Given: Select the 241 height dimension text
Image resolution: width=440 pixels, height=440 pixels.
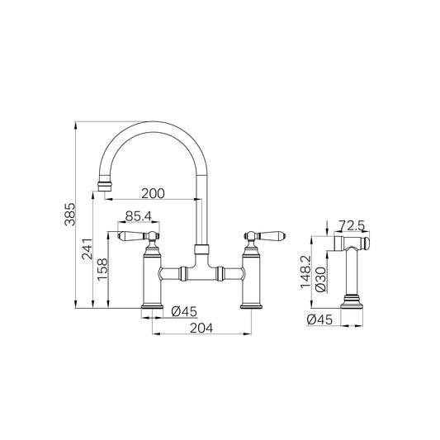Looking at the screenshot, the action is pyautogui.click(x=87, y=249).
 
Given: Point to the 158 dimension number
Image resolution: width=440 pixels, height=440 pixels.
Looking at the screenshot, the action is pyautogui.click(x=102, y=269).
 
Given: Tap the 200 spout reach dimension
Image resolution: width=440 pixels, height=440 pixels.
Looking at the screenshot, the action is pyautogui.click(x=153, y=194).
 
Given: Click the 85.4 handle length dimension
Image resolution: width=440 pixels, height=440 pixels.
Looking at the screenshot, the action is pyautogui.click(x=139, y=216).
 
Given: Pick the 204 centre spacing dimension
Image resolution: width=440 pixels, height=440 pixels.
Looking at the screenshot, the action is pyautogui.click(x=201, y=328).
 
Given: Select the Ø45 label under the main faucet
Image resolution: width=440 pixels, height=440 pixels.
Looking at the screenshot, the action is pyautogui.click(x=184, y=311).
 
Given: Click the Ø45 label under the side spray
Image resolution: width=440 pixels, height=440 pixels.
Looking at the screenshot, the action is pyautogui.click(x=319, y=319).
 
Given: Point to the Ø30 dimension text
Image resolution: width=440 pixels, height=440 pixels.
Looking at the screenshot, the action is pyautogui.click(x=321, y=279).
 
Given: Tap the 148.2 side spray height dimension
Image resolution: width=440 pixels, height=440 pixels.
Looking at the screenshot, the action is pyautogui.click(x=306, y=272).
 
